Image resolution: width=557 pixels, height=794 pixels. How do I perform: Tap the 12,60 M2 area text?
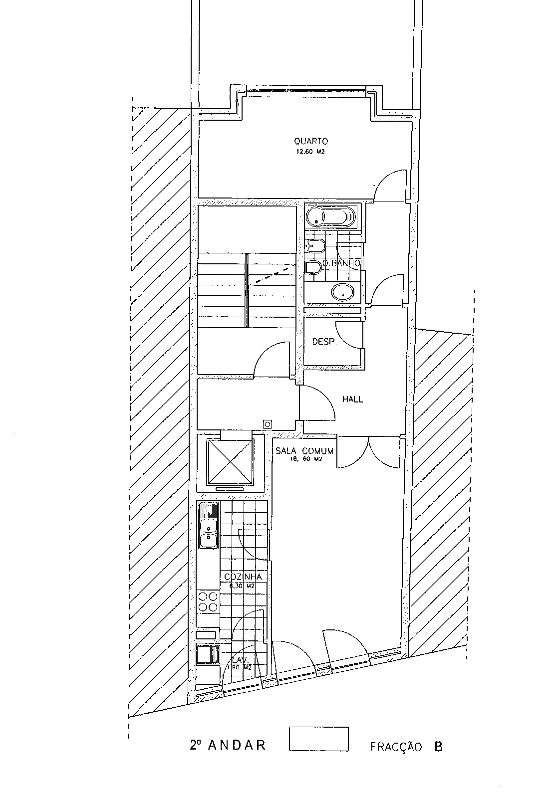point(311,152)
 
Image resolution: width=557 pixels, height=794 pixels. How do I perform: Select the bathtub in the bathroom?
point(331,216)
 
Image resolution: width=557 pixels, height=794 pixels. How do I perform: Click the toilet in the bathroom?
point(313,268)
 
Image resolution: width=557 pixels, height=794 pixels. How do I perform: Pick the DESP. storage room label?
point(324,342)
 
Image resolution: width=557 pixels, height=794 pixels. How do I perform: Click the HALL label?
point(352,399)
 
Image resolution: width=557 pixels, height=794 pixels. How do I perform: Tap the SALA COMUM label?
point(304,451)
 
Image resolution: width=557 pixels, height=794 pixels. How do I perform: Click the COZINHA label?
point(243,577)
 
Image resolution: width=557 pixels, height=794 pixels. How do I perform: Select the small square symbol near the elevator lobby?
point(268,424)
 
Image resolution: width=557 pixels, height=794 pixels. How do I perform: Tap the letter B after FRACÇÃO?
point(438,747)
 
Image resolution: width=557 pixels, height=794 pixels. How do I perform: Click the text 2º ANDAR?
point(228,745)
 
